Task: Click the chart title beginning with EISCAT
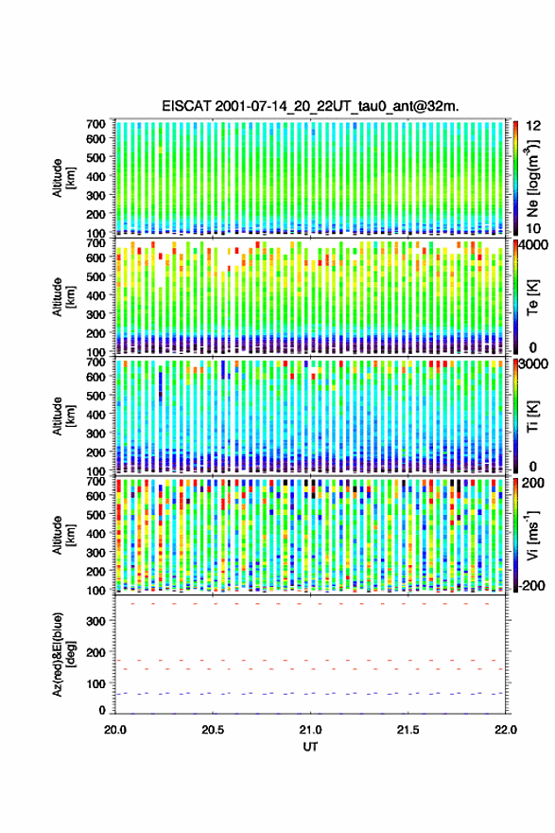pos(310,106)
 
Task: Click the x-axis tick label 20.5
pos(212,730)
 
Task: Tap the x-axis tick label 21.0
pos(310,730)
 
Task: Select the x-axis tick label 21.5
pos(408,730)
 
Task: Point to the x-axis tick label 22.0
pos(506,730)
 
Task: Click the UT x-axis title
pos(310,747)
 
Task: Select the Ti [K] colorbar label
pos(532,416)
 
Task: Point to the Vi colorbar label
pos(532,535)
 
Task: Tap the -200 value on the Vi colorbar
pos(531,585)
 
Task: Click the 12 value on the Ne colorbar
pos(533,126)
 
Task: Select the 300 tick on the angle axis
pos(96,621)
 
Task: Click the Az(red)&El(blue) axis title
pos(63,654)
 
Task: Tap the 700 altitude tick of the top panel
pos(96,124)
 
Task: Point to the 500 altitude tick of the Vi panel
pos(96,514)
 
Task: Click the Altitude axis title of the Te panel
pos(63,297)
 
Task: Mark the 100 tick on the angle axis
pos(96,683)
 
